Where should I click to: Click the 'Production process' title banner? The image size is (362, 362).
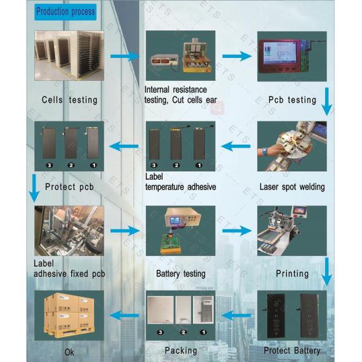[65, 11]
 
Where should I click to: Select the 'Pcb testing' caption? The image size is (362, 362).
[292, 99]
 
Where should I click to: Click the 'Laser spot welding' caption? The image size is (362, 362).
[292, 186]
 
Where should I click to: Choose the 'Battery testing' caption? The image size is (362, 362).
[180, 273]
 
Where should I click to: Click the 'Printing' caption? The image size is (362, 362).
[292, 273]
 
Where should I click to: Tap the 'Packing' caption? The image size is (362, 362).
[181, 351]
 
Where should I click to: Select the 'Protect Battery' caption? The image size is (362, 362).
[292, 351]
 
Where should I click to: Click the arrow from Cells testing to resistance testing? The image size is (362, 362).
[124, 56]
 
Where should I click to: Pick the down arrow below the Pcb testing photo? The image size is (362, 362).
[326, 101]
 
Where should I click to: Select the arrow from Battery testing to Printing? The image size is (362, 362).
[237, 230]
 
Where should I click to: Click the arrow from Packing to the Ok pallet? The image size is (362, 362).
[124, 314]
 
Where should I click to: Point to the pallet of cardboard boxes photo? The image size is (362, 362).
[69, 315]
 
